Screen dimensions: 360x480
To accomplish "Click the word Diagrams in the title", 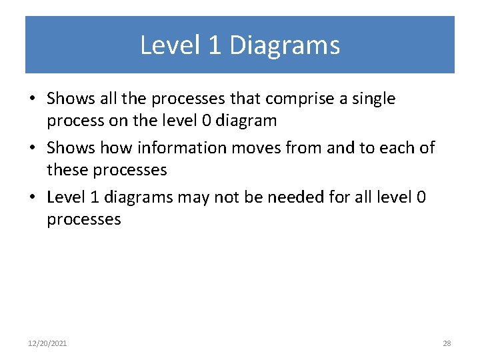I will coord(285,45).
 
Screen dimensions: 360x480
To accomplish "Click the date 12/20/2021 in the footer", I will coord(47,343).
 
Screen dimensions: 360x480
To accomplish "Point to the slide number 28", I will coord(447,343).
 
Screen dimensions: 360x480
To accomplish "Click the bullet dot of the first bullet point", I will coord(32,100).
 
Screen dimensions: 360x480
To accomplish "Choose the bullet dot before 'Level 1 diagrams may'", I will coord(32,198).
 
